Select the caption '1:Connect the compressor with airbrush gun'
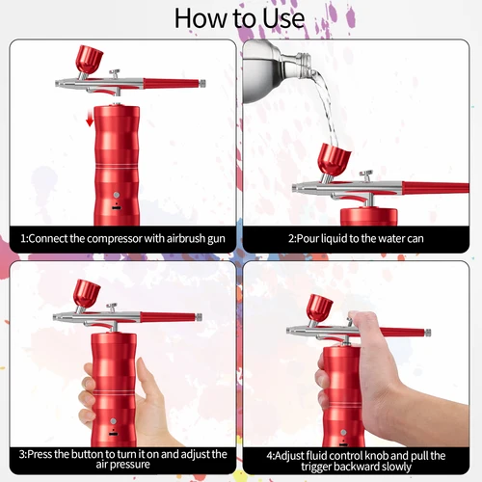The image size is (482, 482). click(119, 237)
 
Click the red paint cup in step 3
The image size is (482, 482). click(89, 292)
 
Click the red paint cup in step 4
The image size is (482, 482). click(319, 308)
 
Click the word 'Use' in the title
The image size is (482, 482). click(281, 17)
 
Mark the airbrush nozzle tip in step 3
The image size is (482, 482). click(56, 317)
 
